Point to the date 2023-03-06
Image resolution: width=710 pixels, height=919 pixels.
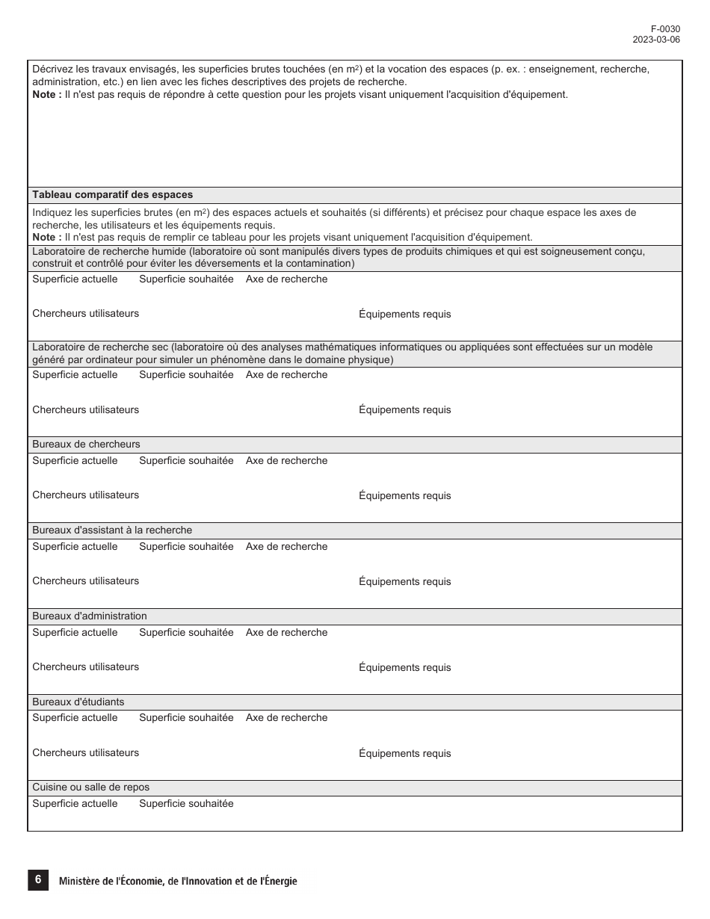tap(656, 40)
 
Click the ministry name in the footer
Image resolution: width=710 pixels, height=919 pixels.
tap(178, 882)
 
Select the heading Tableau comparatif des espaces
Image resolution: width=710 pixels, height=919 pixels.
tap(112, 195)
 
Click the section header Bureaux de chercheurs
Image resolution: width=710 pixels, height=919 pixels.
tap(86, 445)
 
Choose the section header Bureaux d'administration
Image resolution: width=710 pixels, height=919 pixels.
tap(90, 616)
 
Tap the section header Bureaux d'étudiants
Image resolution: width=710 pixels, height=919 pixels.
tap(78, 702)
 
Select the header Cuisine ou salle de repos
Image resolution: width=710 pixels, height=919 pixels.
tap(90, 788)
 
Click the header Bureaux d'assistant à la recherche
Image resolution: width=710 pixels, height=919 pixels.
tap(112, 530)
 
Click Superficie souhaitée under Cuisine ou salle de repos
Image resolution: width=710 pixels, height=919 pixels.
tap(186, 804)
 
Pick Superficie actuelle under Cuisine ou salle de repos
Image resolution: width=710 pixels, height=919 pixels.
tap(75, 804)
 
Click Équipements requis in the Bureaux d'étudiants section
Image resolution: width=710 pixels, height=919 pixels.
tap(405, 754)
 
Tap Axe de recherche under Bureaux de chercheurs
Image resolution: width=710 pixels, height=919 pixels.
tap(286, 461)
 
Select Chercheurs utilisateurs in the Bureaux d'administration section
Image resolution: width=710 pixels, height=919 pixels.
tap(85, 667)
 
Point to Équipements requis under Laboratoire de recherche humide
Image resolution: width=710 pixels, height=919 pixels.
tap(405, 315)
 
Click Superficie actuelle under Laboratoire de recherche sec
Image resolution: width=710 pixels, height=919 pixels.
tap(75, 375)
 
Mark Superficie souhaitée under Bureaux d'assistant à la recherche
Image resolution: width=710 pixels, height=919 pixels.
tap(186, 547)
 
